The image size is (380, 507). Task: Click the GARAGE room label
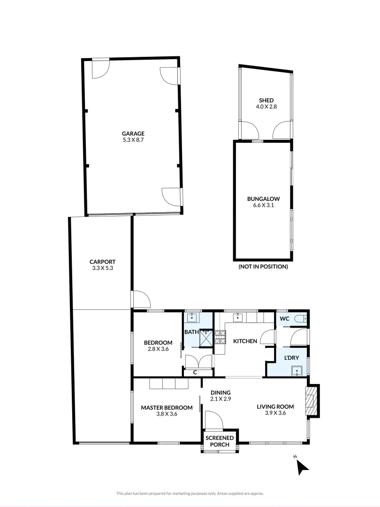click(x=134, y=133)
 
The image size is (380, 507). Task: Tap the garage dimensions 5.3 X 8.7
click(x=134, y=140)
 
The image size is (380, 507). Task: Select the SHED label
click(x=266, y=100)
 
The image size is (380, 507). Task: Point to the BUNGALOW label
click(x=263, y=198)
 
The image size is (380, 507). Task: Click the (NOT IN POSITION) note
click(x=263, y=267)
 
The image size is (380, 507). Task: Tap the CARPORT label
click(x=102, y=262)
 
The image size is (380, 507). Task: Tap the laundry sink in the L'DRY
click(x=296, y=371)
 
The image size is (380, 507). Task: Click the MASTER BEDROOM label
click(x=167, y=407)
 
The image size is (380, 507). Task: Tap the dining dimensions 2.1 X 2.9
click(x=220, y=399)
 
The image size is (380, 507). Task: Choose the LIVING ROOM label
click(x=275, y=407)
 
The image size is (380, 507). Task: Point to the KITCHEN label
click(x=245, y=341)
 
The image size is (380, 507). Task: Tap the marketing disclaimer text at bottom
click(x=190, y=493)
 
